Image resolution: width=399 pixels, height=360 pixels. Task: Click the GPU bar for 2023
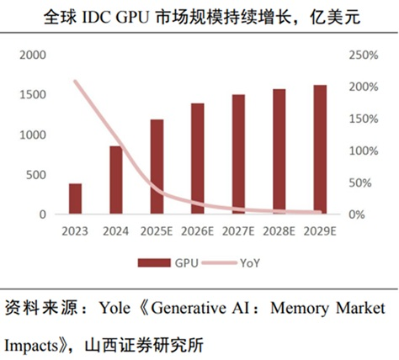pyautogui.click(x=76, y=199)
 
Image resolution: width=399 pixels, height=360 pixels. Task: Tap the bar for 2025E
pyautogui.click(x=157, y=167)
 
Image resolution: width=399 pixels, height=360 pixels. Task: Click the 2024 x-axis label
pyautogui.click(x=115, y=230)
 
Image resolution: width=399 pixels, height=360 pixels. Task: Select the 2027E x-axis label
pyautogui.click(x=238, y=230)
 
